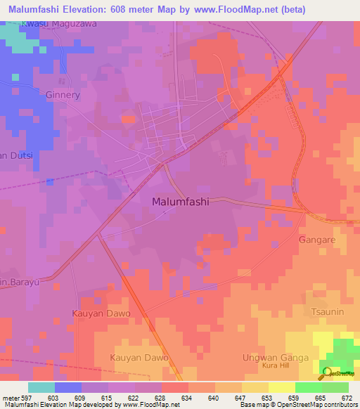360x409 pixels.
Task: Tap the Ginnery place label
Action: (x=63, y=95)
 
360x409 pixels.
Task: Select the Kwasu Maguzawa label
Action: (x=59, y=24)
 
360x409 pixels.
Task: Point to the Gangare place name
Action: (x=316, y=240)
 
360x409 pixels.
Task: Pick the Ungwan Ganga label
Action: (x=280, y=358)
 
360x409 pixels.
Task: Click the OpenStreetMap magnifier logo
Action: (x=326, y=372)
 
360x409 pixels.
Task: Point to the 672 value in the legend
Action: (x=346, y=397)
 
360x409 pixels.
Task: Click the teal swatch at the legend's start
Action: (x=41, y=387)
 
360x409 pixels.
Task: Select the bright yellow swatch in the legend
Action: (x=281, y=387)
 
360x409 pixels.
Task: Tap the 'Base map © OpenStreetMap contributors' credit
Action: (x=297, y=405)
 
